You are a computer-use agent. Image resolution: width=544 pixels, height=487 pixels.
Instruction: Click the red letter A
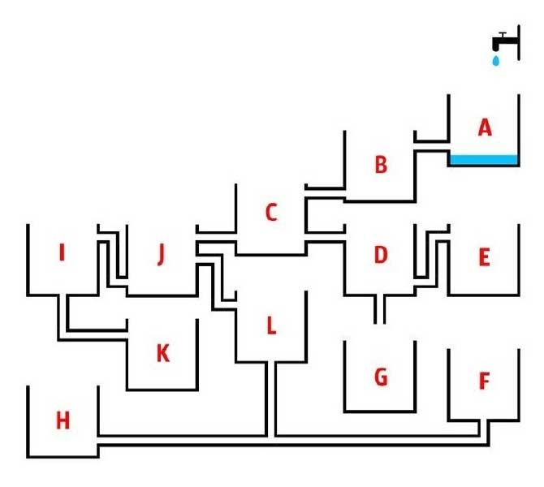click(x=485, y=127)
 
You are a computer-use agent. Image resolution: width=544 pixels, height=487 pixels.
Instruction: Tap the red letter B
click(x=380, y=165)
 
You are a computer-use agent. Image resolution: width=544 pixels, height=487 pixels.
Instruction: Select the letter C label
click(x=271, y=213)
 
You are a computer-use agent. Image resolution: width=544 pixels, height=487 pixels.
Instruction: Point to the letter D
click(x=380, y=255)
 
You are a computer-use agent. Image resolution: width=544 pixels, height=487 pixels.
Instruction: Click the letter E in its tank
click(x=484, y=258)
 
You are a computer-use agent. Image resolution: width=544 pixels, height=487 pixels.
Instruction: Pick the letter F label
click(x=485, y=381)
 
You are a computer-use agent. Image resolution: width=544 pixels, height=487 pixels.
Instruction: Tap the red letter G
click(x=380, y=377)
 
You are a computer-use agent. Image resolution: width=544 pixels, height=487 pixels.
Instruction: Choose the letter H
click(x=63, y=420)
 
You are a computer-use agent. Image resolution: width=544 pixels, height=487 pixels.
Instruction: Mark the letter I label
click(x=62, y=253)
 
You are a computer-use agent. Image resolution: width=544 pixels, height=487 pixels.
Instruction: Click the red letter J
click(x=161, y=255)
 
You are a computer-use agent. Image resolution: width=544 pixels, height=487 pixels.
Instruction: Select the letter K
click(x=162, y=354)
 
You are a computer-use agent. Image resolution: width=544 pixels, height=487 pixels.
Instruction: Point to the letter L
click(x=271, y=325)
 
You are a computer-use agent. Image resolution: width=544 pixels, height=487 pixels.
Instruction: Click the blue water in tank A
click(x=484, y=160)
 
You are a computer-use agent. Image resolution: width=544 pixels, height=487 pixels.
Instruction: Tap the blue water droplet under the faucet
click(x=495, y=60)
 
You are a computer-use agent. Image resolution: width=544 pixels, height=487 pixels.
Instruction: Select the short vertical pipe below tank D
click(x=379, y=309)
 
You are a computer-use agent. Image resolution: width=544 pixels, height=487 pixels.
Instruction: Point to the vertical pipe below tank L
click(x=271, y=398)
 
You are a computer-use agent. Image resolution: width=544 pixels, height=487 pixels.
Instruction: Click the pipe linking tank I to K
click(x=63, y=317)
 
